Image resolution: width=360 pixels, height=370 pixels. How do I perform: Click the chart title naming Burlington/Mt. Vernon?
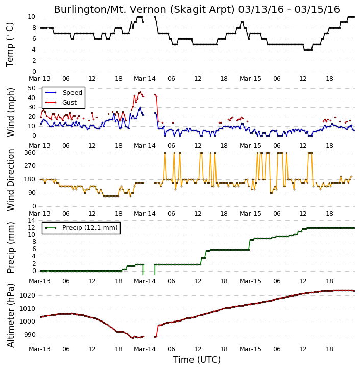pos(197,9)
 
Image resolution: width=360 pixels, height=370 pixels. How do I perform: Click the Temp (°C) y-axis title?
pos(10,45)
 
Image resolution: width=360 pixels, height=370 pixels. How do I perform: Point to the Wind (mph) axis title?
pos(10,112)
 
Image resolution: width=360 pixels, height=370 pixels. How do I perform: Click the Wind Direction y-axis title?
pos(10,180)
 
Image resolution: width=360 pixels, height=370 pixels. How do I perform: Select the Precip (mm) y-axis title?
pos(10,248)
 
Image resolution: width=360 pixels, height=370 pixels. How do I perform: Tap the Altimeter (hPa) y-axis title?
pos(10,315)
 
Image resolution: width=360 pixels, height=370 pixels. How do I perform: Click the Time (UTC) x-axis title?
pos(197,360)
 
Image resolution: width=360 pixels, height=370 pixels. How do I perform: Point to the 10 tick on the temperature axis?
pos(31,17)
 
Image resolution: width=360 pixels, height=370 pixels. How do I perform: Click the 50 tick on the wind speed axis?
pos(32,88)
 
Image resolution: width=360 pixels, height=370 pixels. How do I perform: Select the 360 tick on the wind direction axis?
pos(30,153)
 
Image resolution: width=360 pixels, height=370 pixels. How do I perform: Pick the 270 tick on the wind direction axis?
pos(30,166)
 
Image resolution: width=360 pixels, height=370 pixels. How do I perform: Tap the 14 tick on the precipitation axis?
pos(31,220)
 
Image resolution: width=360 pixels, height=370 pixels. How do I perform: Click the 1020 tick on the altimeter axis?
pos(28,295)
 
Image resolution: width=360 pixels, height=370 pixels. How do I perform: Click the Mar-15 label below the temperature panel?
pos(250,79)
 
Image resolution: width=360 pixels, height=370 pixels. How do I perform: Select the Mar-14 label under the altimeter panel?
pos(145,349)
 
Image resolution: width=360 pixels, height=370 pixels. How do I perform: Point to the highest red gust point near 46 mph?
pos(141,92)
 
